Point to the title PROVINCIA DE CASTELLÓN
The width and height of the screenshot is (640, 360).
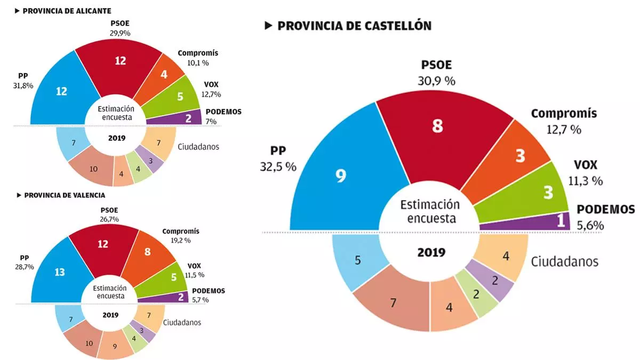354,26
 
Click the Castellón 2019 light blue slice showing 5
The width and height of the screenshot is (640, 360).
358,261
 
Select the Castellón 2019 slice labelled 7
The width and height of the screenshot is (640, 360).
393,303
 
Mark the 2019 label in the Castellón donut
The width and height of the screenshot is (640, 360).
431,252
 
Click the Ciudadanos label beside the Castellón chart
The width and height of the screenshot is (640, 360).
564,261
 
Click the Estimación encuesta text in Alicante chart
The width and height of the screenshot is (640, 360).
116,113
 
